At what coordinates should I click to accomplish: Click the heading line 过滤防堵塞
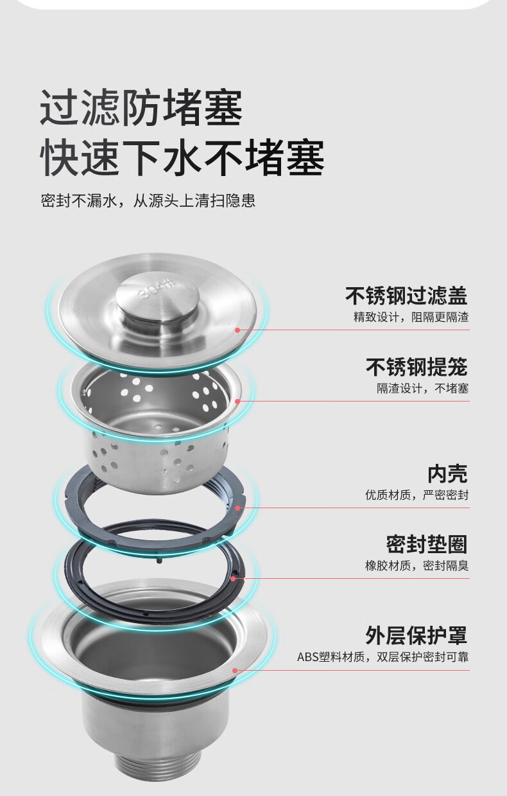(x=141, y=107)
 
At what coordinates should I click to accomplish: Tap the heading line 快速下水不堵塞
(x=182, y=157)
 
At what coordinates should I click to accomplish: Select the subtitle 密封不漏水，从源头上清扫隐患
(x=148, y=201)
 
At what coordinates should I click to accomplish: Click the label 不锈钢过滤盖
(x=406, y=296)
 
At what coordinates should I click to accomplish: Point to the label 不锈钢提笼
(x=417, y=367)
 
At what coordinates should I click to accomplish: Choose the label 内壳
(x=447, y=473)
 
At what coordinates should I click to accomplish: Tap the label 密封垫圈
(x=427, y=544)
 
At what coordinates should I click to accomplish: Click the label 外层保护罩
(x=417, y=636)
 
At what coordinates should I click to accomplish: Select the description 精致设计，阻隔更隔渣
(x=411, y=317)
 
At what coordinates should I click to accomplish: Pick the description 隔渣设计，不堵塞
(x=422, y=389)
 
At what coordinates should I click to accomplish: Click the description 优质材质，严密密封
(x=417, y=495)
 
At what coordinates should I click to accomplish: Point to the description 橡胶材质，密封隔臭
(x=417, y=565)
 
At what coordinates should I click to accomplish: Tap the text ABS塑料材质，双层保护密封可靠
(x=382, y=657)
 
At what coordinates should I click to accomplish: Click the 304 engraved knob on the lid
(x=158, y=299)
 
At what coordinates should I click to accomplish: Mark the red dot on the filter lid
(x=237, y=330)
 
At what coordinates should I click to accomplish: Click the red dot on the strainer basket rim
(x=237, y=401)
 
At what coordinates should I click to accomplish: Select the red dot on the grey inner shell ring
(x=237, y=508)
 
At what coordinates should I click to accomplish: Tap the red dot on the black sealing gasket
(x=233, y=578)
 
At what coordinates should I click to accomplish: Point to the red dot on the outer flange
(x=235, y=671)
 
